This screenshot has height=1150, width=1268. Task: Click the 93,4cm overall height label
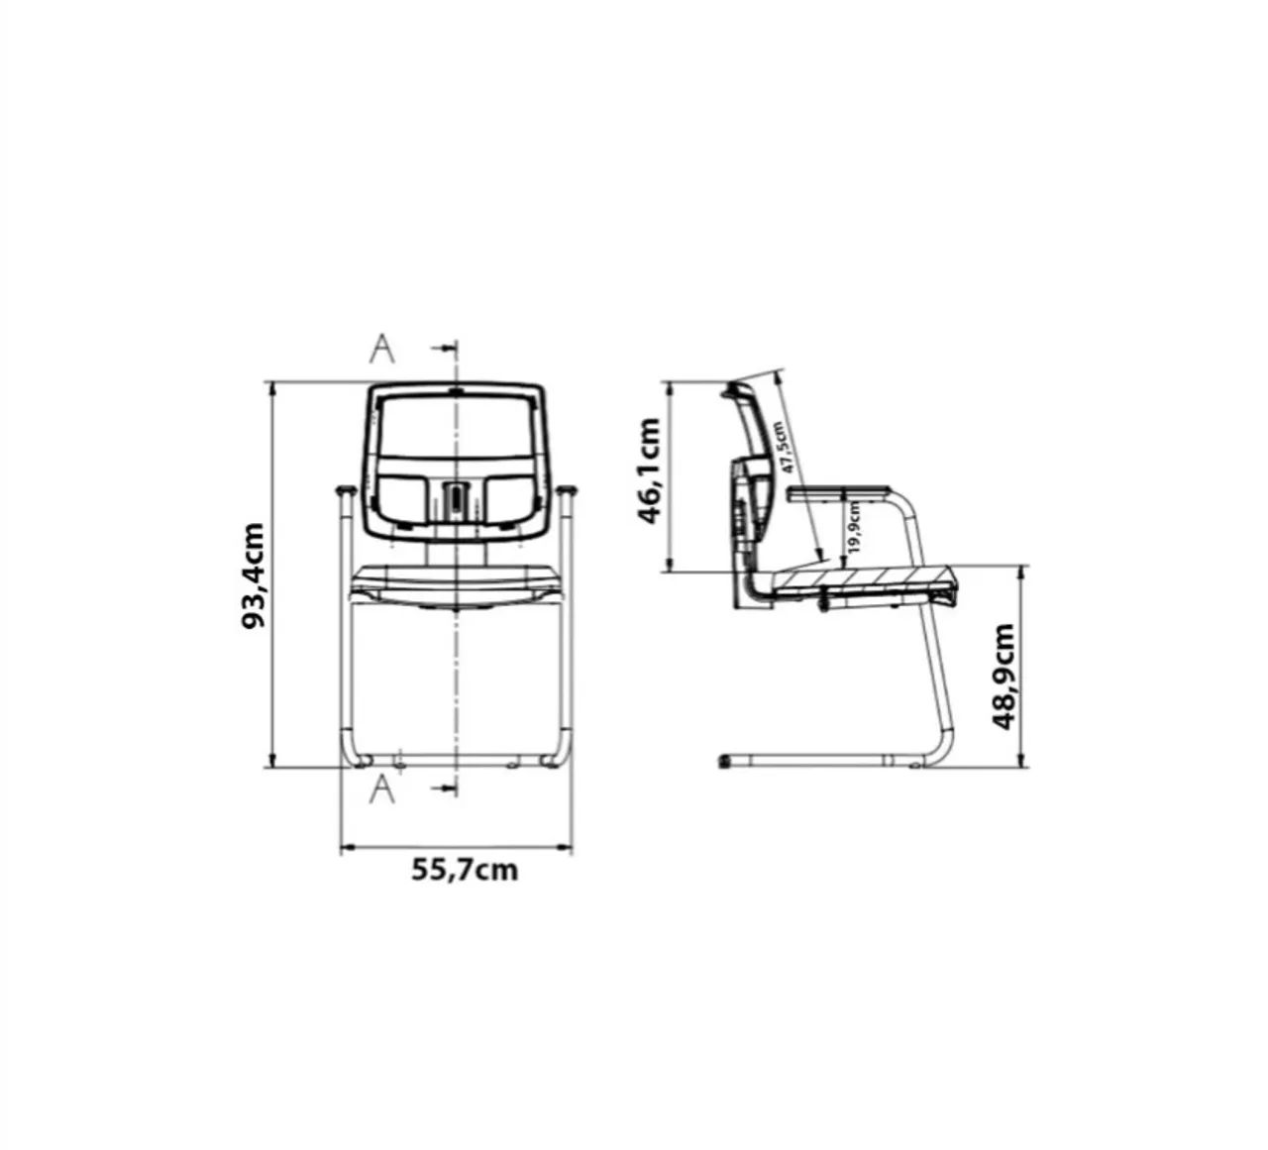(253, 575)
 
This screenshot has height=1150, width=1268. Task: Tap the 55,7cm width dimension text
(465, 870)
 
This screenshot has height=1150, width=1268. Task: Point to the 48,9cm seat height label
(1004, 677)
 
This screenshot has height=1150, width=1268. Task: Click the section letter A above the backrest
(381, 349)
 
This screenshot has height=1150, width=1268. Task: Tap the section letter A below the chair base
(381, 789)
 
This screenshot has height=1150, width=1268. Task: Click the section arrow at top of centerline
(444, 347)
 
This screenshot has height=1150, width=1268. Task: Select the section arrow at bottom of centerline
(444, 787)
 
